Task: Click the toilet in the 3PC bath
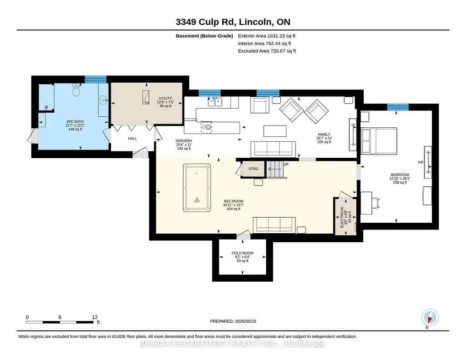tap(76, 90)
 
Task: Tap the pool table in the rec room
tap(197, 188)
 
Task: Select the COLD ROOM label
tap(242, 253)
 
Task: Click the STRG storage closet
tap(253, 169)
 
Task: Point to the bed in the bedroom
tap(379, 141)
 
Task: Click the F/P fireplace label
tap(421, 162)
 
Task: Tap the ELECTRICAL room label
tap(342, 217)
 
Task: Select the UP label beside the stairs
tap(286, 164)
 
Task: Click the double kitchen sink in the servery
tap(215, 102)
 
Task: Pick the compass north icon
tap(430, 317)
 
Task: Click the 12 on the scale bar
tap(95, 317)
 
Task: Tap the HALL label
tap(132, 139)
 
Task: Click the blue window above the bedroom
tap(398, 107)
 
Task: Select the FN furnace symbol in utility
tap(145, 97)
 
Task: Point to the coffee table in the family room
tap(275, 131)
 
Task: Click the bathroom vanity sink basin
tap(104, 100)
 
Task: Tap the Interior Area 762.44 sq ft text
tap(265, 43)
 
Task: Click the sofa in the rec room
tap(274, 225)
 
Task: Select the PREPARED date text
tap(233, 321)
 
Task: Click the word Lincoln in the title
tap(256, 22)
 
